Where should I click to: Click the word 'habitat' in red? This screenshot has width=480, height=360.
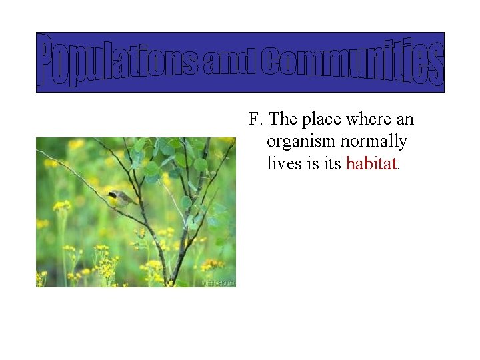[371, 163]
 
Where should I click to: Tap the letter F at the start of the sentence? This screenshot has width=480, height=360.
[253, 120]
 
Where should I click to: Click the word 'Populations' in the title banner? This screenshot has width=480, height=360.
[119, 63]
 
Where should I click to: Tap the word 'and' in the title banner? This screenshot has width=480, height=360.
[229, 63]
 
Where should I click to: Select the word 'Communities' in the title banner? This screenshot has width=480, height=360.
[351, 63]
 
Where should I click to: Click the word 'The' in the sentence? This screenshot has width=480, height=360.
[283, 120]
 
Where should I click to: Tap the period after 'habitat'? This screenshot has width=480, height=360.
[399, 169]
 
